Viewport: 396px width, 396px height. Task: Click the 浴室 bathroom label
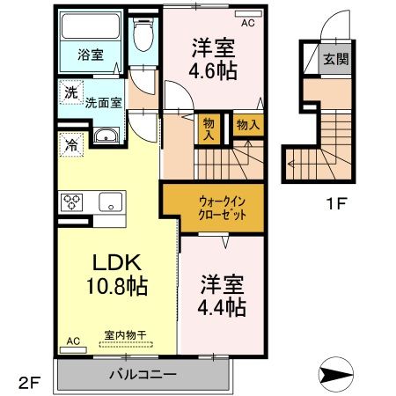click(x=91, y=55)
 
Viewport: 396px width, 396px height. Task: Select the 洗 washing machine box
click(x=69, y=92)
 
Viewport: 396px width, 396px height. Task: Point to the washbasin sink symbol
click(x=106, y=136)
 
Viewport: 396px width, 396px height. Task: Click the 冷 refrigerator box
click(x=69, y=140)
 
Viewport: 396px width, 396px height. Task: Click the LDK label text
click(x=107, y=263)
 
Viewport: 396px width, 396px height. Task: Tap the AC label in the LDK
click(x=74, y=340)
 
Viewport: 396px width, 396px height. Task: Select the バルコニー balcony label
click(x=143, y=373)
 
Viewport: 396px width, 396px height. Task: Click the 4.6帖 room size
click(x=212, y=73)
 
